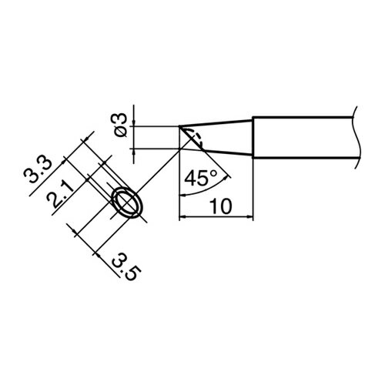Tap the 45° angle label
pyautogui.click(x=201, y=179)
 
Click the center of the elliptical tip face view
pyautogui.click(x=126, y=204)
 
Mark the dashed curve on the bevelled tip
pyautogui.click(x=195, y=139)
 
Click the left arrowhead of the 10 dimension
pyautogui.click(x=182, y=218)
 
